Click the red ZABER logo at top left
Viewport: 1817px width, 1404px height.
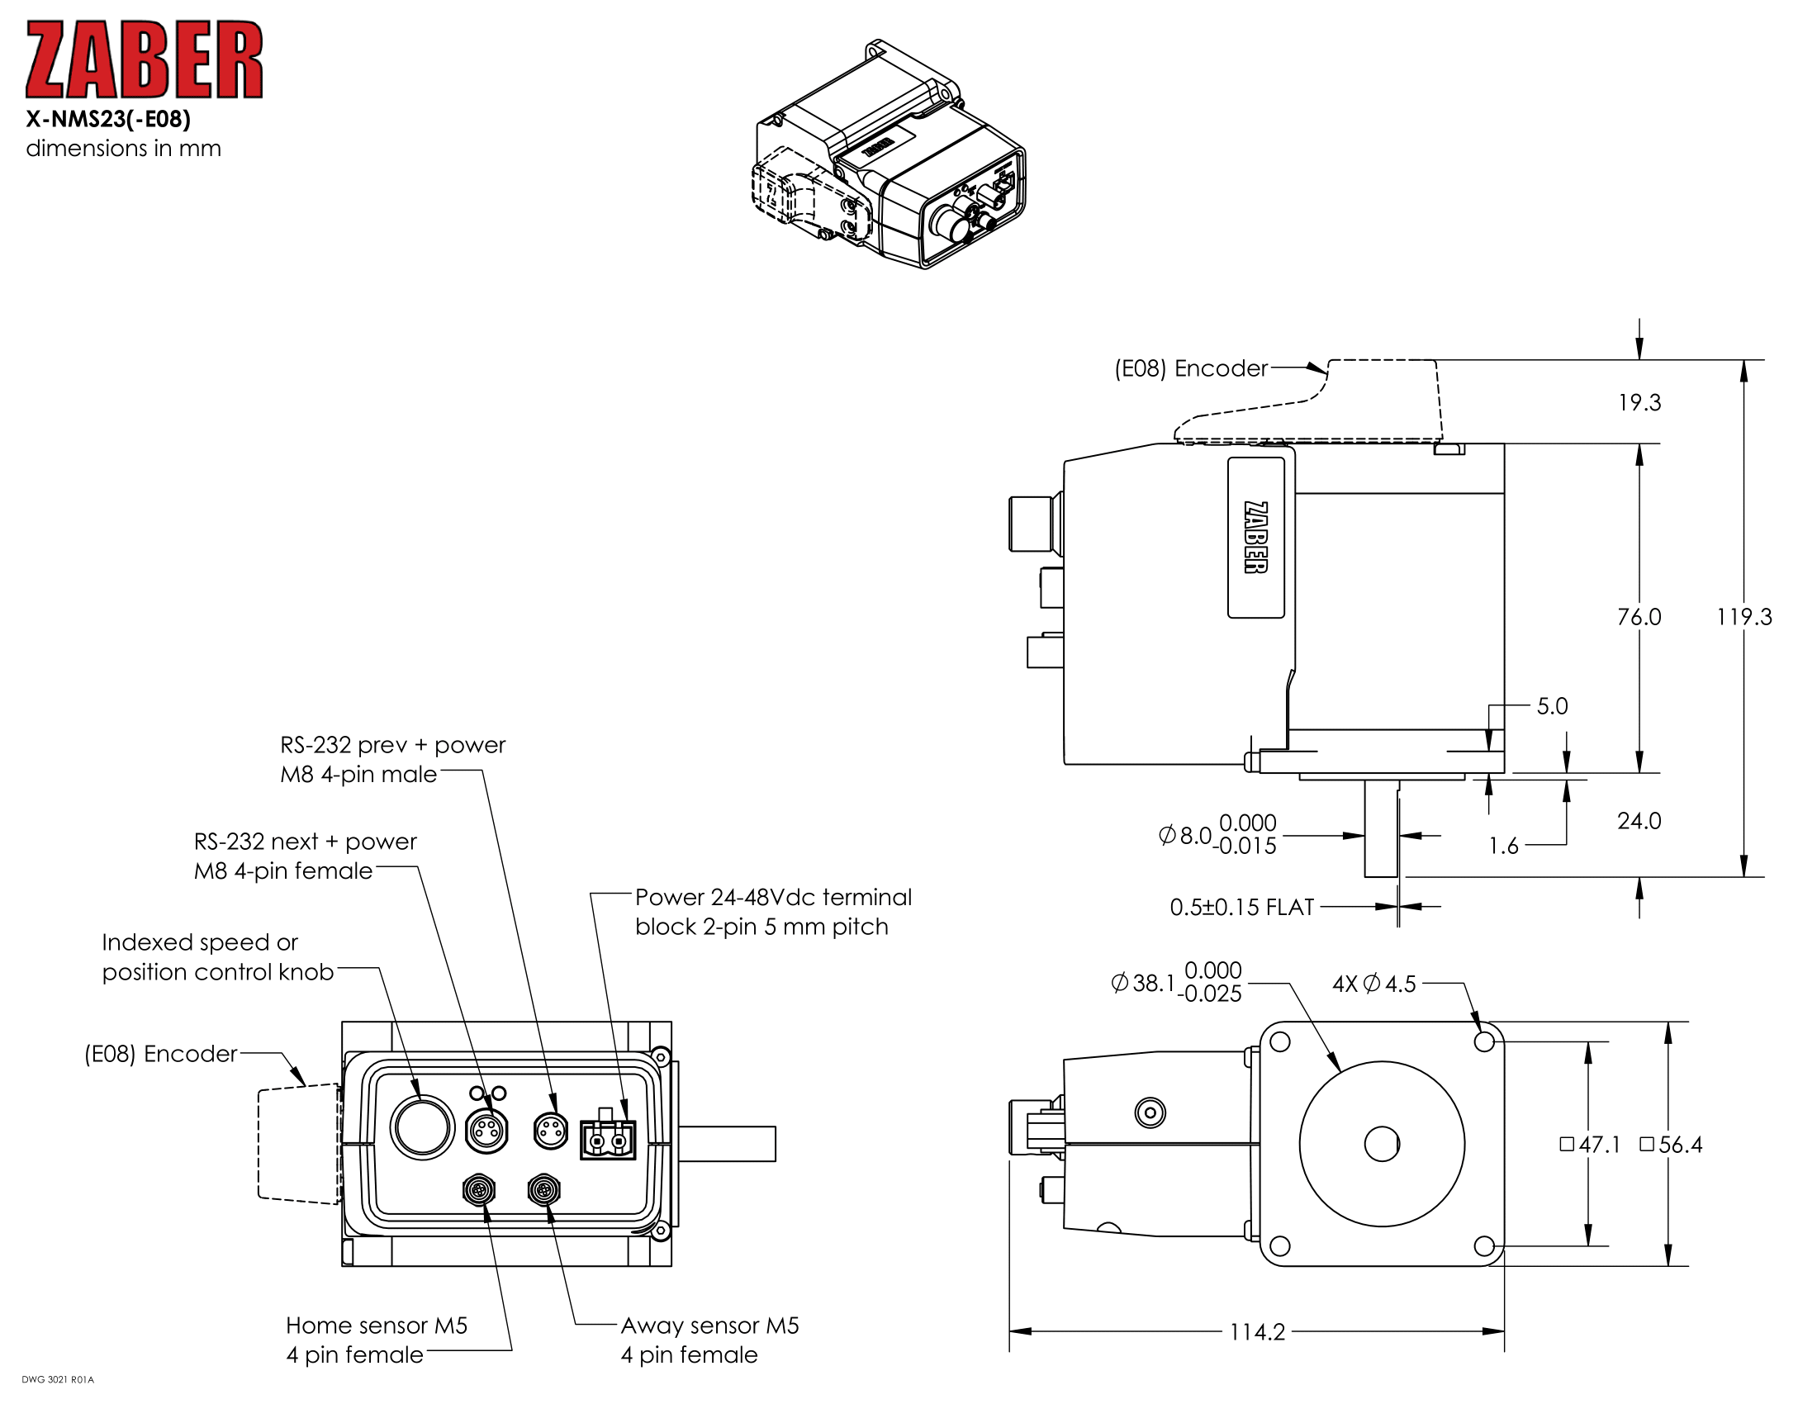[144, 60]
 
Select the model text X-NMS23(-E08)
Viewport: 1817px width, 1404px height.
[108, 120]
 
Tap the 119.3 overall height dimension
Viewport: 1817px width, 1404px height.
[1743, 617]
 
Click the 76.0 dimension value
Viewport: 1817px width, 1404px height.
[1638, 617]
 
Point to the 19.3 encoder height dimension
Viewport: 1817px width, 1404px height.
[1639, 402]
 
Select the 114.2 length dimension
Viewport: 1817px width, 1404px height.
[1257, 1332]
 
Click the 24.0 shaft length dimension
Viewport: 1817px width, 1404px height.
[1638, 821]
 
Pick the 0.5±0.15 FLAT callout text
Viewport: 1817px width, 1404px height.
[1241, 907]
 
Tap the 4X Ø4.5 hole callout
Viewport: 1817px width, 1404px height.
[1373, 984]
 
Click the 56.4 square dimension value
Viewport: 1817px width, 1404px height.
[1679, 1145]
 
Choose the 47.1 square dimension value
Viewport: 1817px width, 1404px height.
[1598, 1145]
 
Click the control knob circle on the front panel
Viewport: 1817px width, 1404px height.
[422, 1127]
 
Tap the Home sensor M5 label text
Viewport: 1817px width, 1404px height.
[376, 1326]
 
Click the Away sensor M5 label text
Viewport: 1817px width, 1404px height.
[709, 1326]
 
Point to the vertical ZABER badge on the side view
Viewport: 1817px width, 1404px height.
[1255, 538]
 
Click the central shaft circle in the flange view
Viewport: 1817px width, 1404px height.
[1381, 1145]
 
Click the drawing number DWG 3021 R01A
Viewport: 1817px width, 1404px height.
[58, 1380]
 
